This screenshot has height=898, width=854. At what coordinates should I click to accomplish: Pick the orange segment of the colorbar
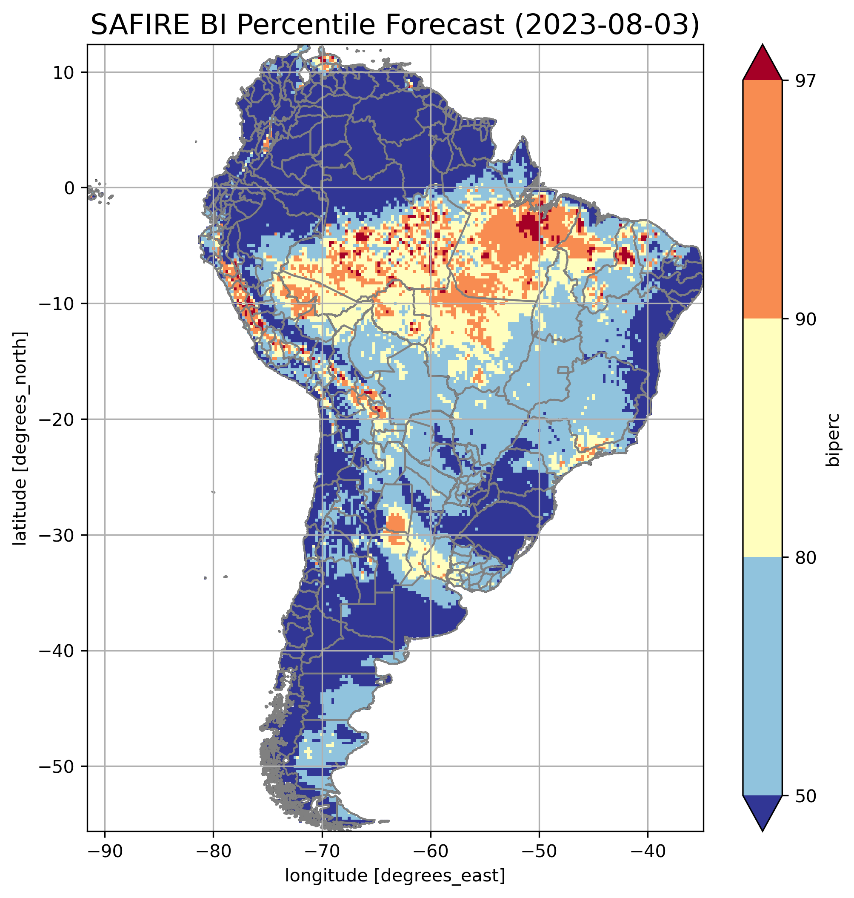point(762,200)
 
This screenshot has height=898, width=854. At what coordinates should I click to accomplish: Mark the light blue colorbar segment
point(762,677)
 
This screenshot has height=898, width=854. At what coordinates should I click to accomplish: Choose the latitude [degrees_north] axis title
point(20,438)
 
